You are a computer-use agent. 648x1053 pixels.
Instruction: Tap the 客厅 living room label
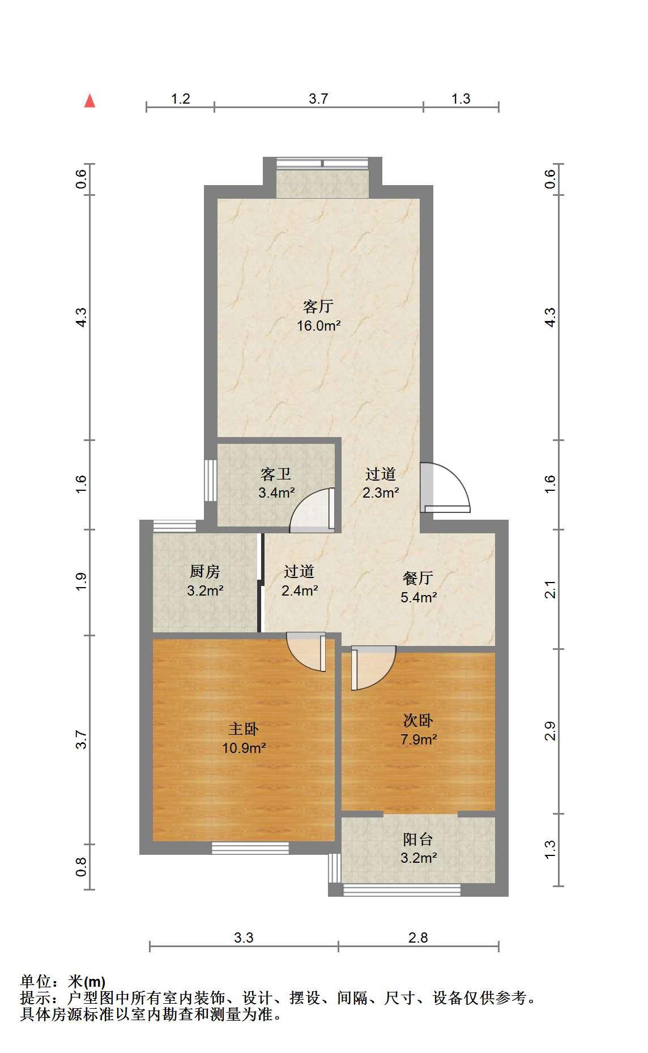pos(318,307)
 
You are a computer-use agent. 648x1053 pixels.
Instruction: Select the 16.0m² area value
pos(319,326)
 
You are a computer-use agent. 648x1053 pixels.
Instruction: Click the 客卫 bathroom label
pos(276,474)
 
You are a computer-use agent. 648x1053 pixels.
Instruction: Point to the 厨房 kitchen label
pos(205,572)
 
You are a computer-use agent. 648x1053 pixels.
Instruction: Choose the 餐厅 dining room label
pos(418,578)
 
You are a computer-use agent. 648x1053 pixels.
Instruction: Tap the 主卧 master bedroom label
pos(244,729)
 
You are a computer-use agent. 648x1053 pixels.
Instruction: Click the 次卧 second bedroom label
pos(418,720)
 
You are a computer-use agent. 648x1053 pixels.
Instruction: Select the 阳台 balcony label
pos(418,839)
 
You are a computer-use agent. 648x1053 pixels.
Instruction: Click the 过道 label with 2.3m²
pos(380,474)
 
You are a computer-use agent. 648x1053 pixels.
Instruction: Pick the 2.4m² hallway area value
pos(300,590)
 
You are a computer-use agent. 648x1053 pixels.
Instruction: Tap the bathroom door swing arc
pos(312,510)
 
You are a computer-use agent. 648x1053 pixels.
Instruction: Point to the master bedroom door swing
pos(306,652)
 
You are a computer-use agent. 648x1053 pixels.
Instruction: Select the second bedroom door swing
pos(373,668)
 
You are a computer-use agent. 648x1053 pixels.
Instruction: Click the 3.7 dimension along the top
pos(318,99)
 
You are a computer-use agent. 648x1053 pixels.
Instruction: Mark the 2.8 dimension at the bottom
pos(418,938)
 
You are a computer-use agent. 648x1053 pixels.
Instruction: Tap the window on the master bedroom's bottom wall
pos(250,848)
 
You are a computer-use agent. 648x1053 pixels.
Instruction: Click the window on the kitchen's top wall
pos(174,526)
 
